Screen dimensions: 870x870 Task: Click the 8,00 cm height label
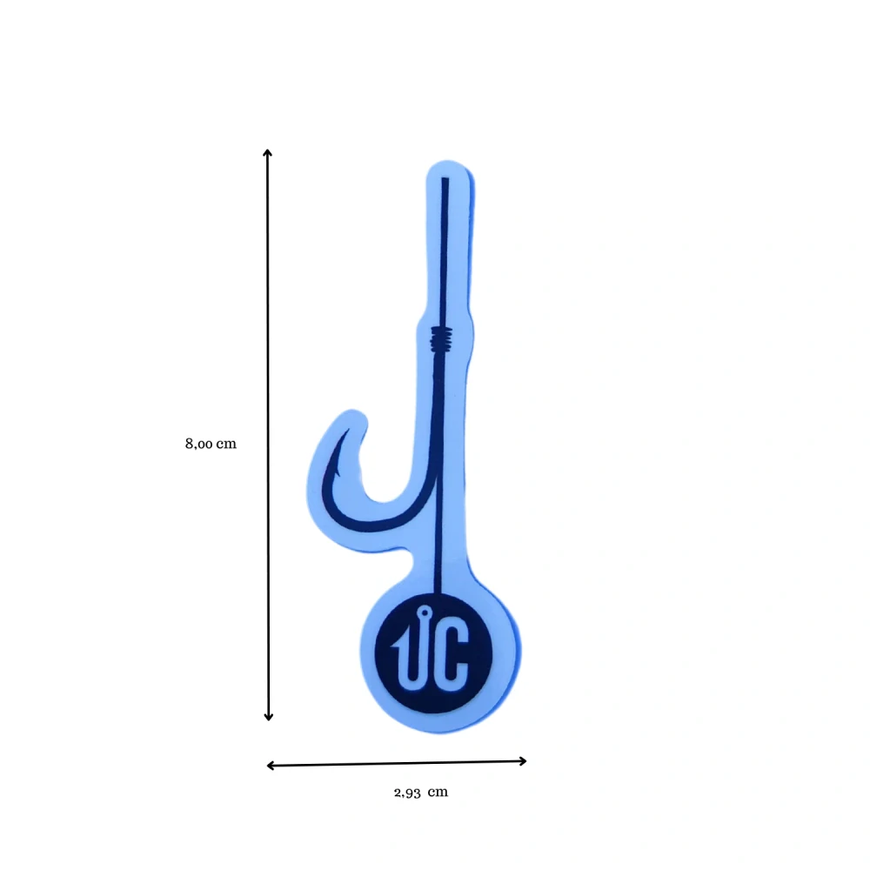tap(211, 444)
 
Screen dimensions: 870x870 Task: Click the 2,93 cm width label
tap(420, 793)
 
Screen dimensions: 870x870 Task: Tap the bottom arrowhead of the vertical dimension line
tap(269, 717)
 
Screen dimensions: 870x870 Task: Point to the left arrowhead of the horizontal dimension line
tap(271, 766)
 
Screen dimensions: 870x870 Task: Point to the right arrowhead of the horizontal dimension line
tap(523, 761)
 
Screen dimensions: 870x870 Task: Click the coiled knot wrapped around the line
tap(442, 338)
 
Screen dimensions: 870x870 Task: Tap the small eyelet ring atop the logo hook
tap(425, 612)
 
